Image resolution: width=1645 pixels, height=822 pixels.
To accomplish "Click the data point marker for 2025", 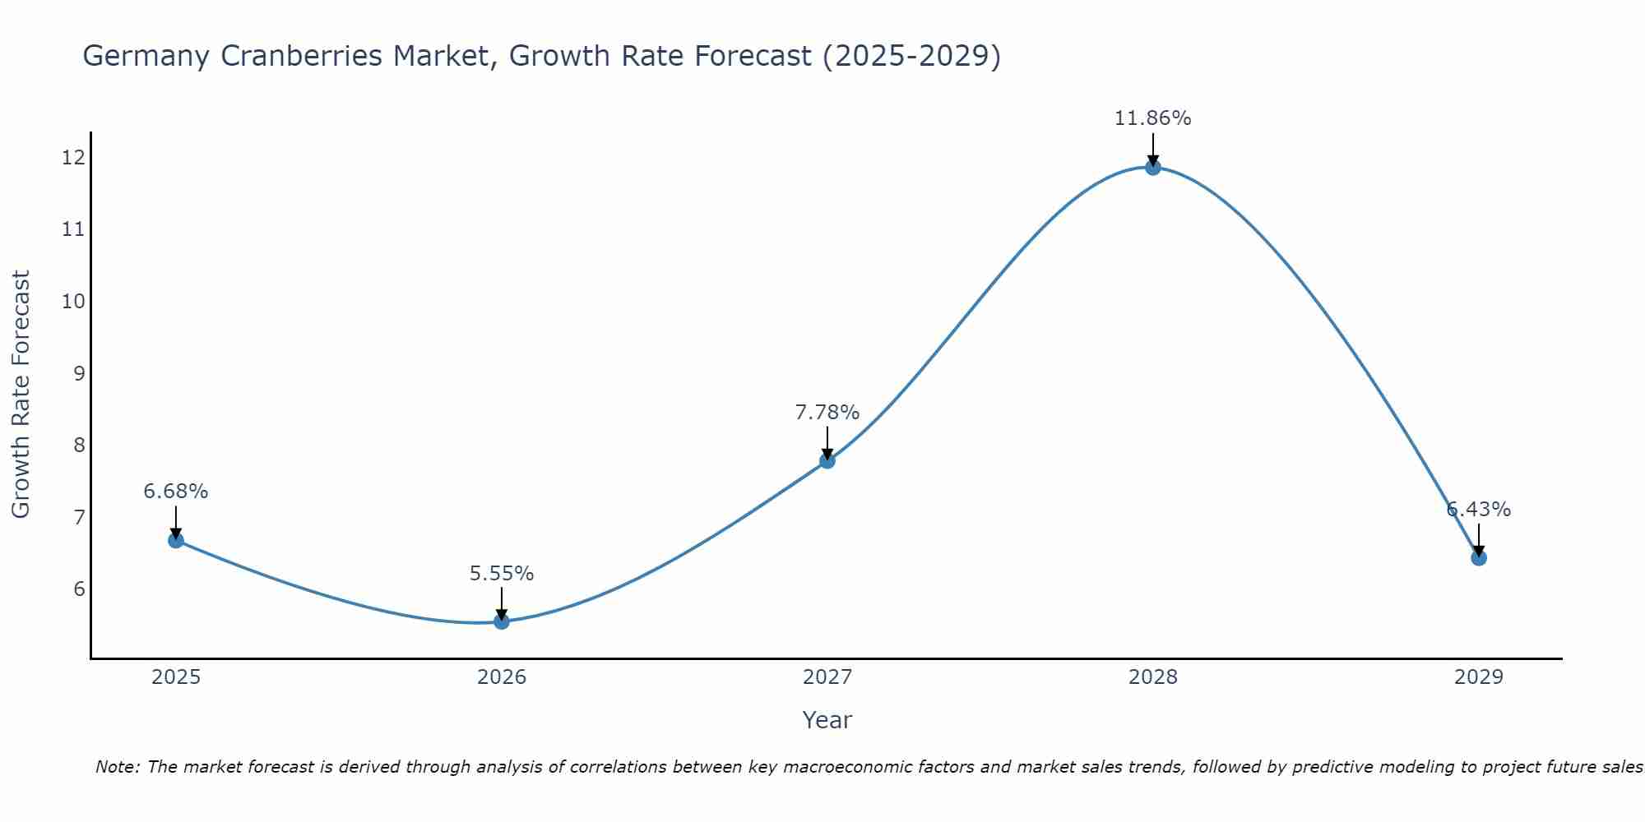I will (x=176, y=540).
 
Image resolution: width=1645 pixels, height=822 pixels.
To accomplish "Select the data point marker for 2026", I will (x=502, y=621).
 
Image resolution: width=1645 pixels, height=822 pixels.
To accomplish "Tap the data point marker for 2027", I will (x=827, y=460).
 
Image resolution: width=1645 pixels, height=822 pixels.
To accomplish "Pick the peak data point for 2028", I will (x=1153, y=168).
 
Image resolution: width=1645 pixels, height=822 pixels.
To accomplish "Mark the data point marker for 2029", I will (x=1479, y=558).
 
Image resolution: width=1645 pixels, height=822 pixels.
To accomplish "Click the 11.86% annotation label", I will (x=1153, y=118).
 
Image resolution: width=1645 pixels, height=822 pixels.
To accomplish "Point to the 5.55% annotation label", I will (x=502, y=574).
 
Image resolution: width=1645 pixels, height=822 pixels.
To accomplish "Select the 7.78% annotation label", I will (x=827, y=412).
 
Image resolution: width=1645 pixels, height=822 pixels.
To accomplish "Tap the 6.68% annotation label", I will (x=176, y=492).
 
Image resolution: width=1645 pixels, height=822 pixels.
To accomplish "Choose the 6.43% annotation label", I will (x=1479, y=510).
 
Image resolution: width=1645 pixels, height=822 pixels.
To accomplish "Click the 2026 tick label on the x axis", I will (x=502, y=677).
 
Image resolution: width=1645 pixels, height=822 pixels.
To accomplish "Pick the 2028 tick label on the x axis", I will (x=1153, y=677).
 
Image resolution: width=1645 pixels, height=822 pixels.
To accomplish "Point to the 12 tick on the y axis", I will (x=73, y=157).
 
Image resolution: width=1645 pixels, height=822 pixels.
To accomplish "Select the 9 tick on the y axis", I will (x=79, y=373).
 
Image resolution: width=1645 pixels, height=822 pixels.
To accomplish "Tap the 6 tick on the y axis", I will (x=79, y=589).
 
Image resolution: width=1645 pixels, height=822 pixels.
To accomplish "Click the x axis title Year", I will (x=827, y=720).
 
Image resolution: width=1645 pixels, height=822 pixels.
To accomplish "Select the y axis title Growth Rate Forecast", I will (x=21, y=395).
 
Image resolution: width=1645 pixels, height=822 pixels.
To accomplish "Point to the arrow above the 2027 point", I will (x=827, y=441).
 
